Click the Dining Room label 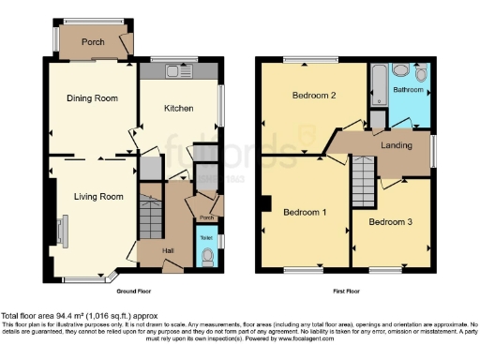click(92, 97)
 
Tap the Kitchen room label click(179, 109)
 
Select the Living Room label click(98, 197)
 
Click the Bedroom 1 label click(305, 213)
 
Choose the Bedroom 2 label click(313, 96)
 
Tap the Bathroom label click(408, 90)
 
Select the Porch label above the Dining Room click(93, 42)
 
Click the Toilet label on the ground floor click(207, 236)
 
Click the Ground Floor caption click(136, 291)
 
